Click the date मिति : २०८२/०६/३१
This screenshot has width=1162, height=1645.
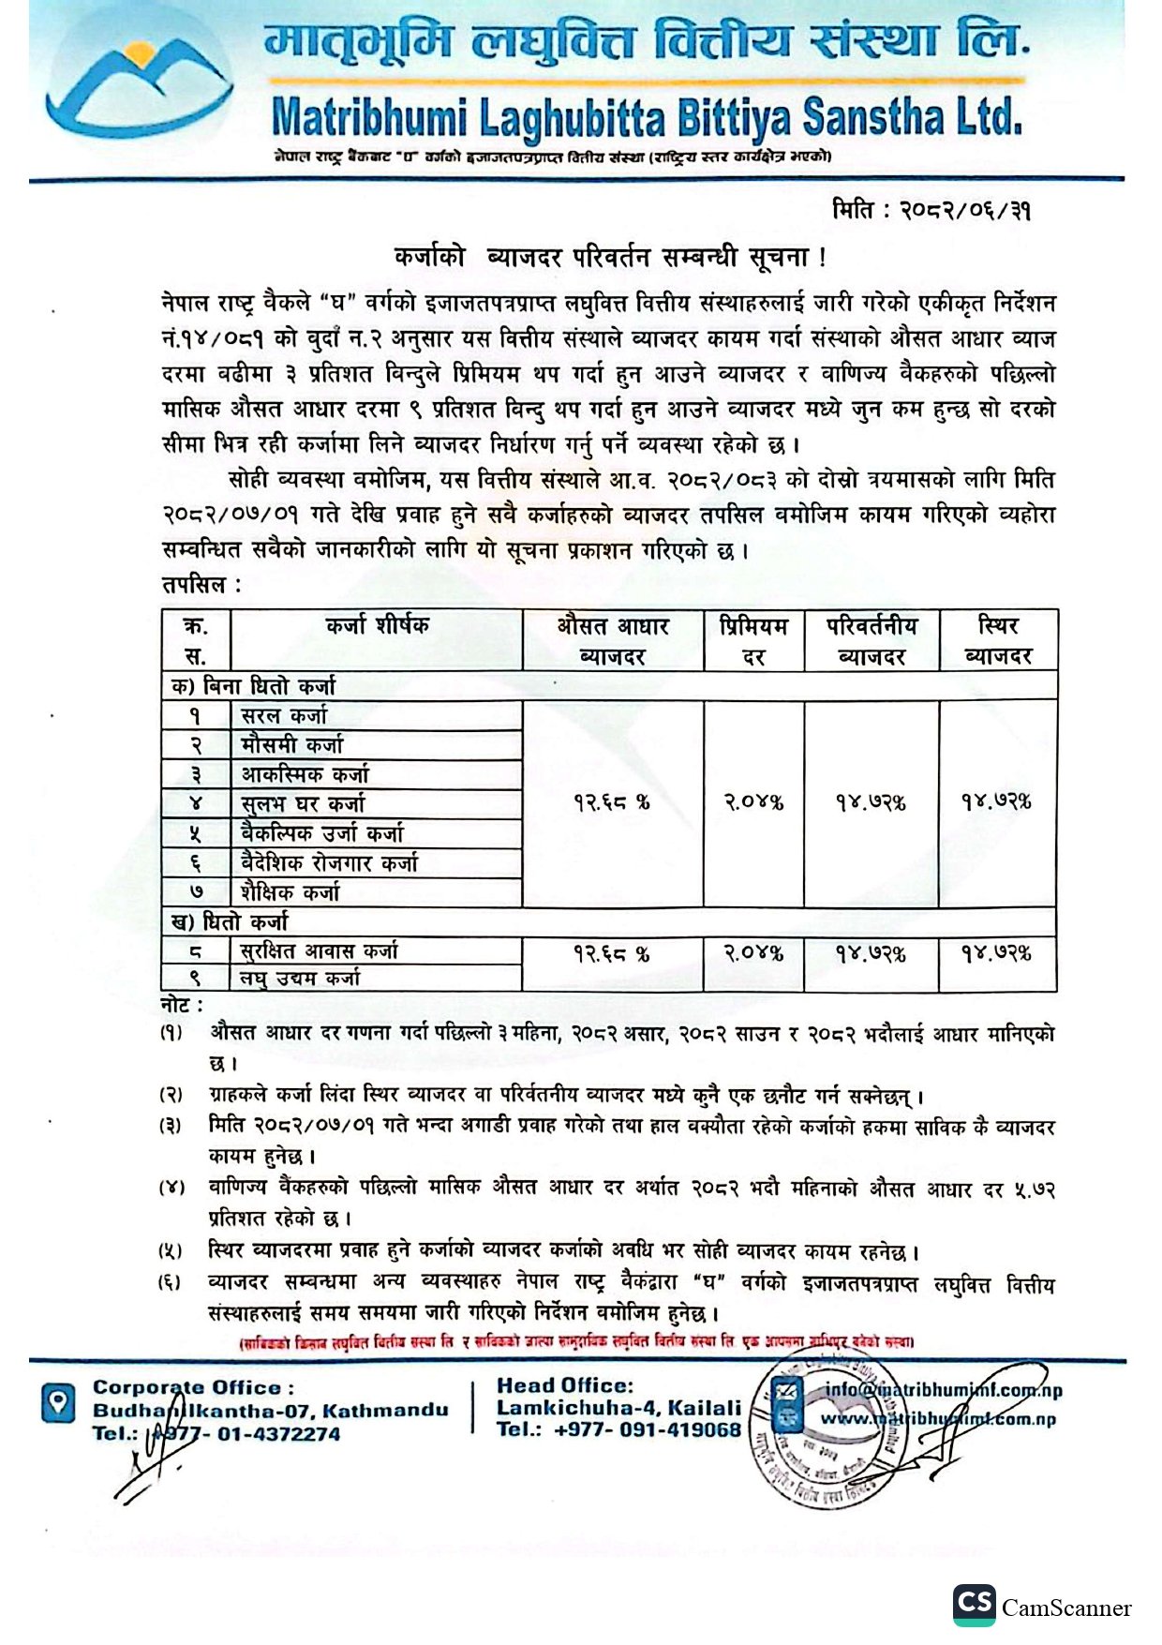(931, 210)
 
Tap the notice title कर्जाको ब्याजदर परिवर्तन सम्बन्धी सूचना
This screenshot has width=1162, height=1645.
(609, 256)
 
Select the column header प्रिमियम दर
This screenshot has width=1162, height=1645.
(753, 640)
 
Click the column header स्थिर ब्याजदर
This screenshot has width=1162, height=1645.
(998, 640)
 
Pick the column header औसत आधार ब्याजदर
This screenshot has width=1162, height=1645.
(613, 640)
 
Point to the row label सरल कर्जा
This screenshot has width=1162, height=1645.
(284, 716)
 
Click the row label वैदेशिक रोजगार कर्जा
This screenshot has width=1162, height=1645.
(329, 863)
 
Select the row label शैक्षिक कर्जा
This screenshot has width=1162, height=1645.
(290, 892)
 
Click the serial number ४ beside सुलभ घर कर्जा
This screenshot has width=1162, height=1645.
(196, 803)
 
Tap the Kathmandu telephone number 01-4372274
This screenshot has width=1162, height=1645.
(278, 1434)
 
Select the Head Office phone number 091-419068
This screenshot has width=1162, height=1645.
(679, 1429)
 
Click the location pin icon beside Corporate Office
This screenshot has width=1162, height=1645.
(58, 1402)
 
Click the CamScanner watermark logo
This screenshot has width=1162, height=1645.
(975, 1605)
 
